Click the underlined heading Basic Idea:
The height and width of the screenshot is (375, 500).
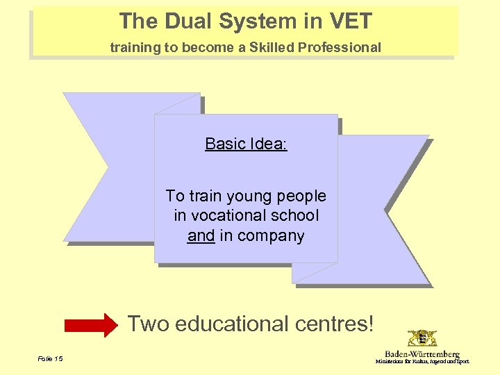[x=246, y=144]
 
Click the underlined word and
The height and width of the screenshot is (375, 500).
[x=201, y=236]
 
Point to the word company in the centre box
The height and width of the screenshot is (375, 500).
[x=270, y=236]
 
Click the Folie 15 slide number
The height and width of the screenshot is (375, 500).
[x=51, y=358]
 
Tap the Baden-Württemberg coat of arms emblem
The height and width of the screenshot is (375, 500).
[x=422, y=339]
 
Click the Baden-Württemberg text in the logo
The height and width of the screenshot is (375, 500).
[x=422, y=354]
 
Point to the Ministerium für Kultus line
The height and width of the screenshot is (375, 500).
[x=422, y=362]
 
